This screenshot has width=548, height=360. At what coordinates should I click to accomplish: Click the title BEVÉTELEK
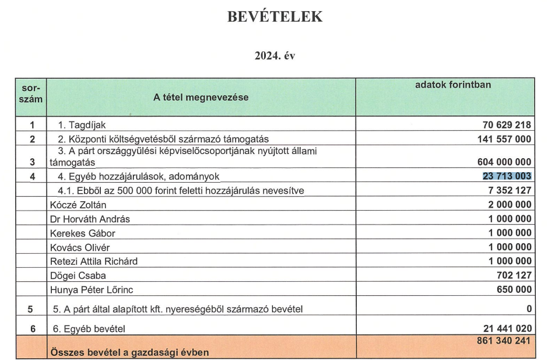273,16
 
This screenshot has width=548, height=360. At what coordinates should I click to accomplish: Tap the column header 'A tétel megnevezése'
201,97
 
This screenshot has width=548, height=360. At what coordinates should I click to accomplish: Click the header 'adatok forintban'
452,85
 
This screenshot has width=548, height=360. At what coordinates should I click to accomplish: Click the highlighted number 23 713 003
506,176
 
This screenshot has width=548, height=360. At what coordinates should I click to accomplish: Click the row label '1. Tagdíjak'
82,125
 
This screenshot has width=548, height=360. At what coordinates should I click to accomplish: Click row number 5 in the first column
32,309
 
